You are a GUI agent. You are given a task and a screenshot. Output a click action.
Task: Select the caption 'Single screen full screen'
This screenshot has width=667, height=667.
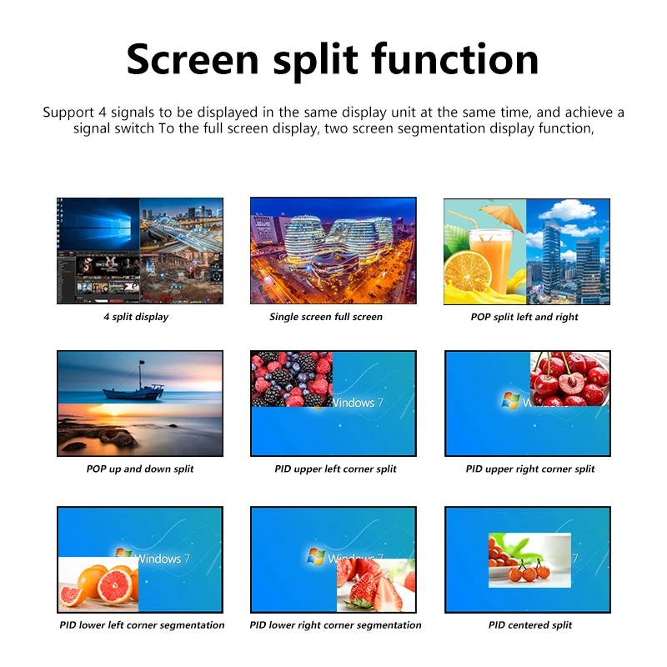click(326, 317)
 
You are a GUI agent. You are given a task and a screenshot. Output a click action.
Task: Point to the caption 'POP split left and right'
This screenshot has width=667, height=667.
click(524, 317)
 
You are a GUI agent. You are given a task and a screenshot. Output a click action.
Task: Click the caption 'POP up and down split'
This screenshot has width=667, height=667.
click(140, 469)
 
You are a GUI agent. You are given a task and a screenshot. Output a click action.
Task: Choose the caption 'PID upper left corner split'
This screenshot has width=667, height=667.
click(335, 469)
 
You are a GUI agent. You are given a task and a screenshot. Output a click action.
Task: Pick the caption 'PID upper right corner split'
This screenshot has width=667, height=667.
click(530, 469)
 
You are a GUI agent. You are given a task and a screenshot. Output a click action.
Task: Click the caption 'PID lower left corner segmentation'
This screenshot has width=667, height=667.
click(142, 624)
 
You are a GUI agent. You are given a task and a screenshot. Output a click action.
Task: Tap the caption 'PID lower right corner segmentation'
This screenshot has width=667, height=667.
click(335, 624)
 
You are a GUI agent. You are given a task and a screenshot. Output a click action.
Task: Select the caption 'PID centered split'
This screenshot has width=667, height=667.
click(530, 624)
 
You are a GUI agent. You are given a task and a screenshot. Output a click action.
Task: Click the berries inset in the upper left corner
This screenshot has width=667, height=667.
click(291, 379)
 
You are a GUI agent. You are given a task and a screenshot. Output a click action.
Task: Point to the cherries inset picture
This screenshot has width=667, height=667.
click(570, 379)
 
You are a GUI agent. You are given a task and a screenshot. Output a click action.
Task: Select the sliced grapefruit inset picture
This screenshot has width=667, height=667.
click(98, 584)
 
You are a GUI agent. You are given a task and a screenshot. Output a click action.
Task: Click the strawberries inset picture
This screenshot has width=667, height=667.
click(375, 584)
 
